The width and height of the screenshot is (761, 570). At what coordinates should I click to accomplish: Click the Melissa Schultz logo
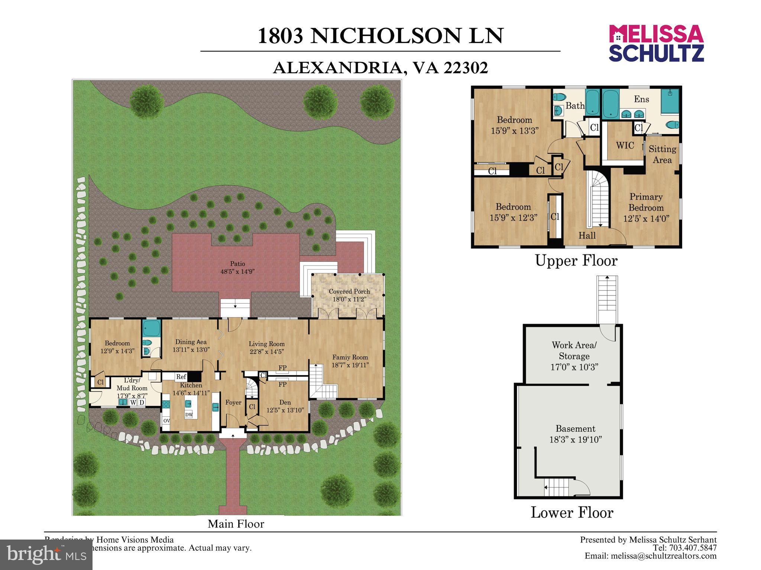coord(656,43)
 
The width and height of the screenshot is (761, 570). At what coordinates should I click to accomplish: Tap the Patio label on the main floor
coord(237,264)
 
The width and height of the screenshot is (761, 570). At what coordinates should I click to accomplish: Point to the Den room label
coord(285,403)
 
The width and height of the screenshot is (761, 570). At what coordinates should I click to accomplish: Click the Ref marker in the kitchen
coord(181,377)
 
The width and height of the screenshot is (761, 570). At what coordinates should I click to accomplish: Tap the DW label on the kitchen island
coord(189,415)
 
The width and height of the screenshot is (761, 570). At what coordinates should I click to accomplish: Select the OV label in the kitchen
coord(166,421)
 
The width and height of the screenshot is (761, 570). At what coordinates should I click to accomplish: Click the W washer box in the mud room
coord(133,403)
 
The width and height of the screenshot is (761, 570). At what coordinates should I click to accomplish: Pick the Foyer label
coord(233,403)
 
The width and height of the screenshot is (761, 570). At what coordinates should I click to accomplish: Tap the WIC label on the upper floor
coord(625,146)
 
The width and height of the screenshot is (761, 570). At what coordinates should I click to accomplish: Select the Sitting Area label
coord(662,154)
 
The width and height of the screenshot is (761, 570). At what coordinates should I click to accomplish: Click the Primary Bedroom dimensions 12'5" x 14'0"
coord(646,218)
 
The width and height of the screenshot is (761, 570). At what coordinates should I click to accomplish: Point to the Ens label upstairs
coord(641,99)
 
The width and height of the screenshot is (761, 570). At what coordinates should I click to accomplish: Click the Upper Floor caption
coord(576,261)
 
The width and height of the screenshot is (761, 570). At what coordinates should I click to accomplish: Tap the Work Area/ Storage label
coord(574,351)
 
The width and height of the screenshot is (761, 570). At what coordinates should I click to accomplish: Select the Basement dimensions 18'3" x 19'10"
coord(575,440)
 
